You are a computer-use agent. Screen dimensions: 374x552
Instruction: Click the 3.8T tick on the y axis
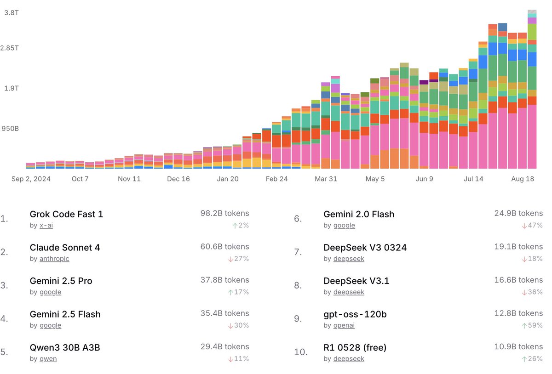(11, 13)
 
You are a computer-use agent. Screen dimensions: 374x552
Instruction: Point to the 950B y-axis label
(11, 128)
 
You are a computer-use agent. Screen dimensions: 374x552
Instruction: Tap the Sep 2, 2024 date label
(31, 179)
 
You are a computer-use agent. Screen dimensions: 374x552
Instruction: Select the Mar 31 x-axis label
(326, 179)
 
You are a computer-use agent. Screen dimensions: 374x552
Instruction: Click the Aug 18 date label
(523, 179)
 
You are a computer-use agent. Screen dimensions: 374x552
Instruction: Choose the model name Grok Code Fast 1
(66, 214)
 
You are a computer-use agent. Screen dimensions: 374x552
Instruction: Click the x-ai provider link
(46, 226)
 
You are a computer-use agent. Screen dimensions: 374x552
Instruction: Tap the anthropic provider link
(54, 259)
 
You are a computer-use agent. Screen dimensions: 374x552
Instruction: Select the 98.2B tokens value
(224, 213)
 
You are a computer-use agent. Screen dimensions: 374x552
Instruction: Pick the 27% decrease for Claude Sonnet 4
(238, 259)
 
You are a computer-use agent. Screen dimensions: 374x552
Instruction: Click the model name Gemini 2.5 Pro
(61, 281)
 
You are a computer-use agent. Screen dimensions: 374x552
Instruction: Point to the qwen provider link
(48, 359)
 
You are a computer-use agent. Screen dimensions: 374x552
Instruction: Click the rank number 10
(300, 352)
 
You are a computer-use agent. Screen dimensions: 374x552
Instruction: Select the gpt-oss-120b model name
(355, 314)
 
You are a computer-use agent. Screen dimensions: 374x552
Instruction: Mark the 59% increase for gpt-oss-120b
(532, 325)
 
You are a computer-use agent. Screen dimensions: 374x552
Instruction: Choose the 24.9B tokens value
(518, 213)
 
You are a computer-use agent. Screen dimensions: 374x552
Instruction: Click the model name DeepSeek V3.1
(356, 281)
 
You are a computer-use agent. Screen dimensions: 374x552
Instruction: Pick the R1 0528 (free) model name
(355, 347)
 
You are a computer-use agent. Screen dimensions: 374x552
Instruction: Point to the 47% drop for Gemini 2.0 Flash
(532, 226)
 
